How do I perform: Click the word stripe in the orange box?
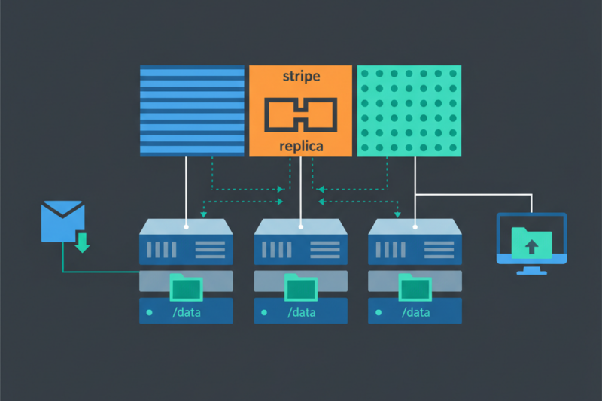click(x=300, y=77)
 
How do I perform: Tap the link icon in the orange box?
click(x=300, y=112)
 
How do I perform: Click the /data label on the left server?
click(x=187, y=311)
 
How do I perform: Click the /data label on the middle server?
click(x=301, y=311)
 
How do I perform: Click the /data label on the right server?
click(x=415, y=311)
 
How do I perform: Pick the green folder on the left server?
click(x=187, y=287)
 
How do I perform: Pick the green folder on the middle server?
click(x=301, y=287)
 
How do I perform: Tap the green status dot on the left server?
click(x=149, y=311)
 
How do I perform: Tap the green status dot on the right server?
click(x=378, y=311)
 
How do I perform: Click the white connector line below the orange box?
click(x=301, y=188)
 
